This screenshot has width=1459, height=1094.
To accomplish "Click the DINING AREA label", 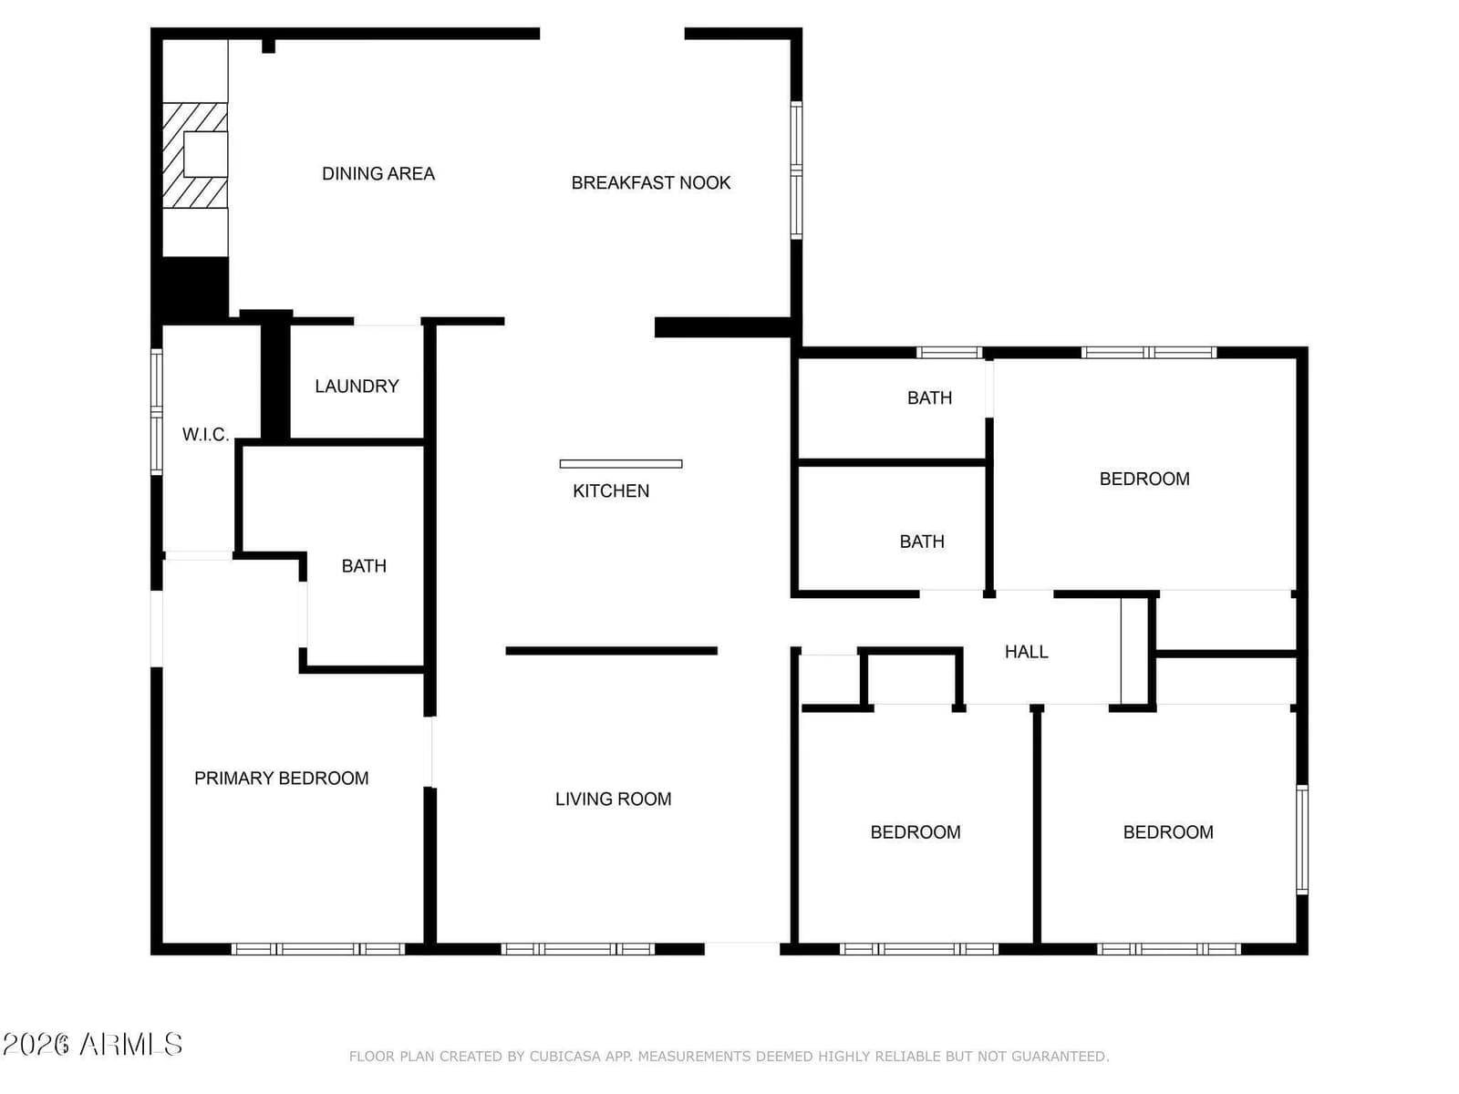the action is pos(378,174).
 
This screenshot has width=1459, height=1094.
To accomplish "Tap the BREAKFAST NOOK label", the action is pos(651,182).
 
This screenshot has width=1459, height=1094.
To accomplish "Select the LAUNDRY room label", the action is pos(357,386).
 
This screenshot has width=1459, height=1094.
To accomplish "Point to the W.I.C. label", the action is pos(205,435).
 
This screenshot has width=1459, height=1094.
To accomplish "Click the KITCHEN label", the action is pos(611,490).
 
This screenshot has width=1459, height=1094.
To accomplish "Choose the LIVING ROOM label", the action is pos(613,800).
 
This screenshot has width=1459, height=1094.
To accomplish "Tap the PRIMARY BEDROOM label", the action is pos(281,778).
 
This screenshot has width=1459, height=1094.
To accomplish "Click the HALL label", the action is pos(1026,652).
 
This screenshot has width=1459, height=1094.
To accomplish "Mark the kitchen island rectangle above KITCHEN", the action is pos(621,464).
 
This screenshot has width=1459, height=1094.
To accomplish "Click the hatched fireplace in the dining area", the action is pos(195,155).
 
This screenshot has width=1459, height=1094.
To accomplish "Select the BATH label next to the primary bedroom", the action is pos(364,566).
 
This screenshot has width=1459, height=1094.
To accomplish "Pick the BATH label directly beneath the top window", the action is pos(929,397).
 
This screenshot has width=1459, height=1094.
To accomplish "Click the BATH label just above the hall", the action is pos(922,542).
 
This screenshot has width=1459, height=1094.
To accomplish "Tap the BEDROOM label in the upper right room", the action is pos(1143,479).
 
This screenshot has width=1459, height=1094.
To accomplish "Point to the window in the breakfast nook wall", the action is pos(796,170).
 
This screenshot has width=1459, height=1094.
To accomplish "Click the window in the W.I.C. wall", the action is pos(157,412).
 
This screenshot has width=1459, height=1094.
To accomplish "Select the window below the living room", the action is pos(577,949).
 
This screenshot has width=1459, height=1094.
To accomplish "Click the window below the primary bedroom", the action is pos(317,949).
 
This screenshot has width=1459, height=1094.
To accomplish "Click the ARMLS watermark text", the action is pos(131,1045).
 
